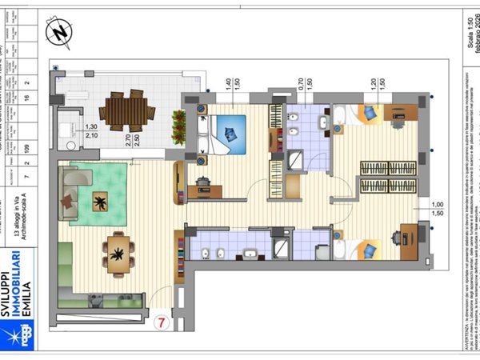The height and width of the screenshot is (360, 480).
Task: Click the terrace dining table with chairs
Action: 129,111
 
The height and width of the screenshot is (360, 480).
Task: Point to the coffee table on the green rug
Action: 102,202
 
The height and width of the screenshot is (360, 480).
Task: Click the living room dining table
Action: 118,254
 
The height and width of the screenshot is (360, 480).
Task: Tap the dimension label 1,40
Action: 228,82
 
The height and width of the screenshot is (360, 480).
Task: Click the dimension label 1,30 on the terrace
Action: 91,127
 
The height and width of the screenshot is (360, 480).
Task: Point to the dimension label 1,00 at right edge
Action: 437,204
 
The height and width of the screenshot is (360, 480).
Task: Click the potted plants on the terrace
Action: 179,126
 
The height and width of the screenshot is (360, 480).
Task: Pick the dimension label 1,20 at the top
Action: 372,82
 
